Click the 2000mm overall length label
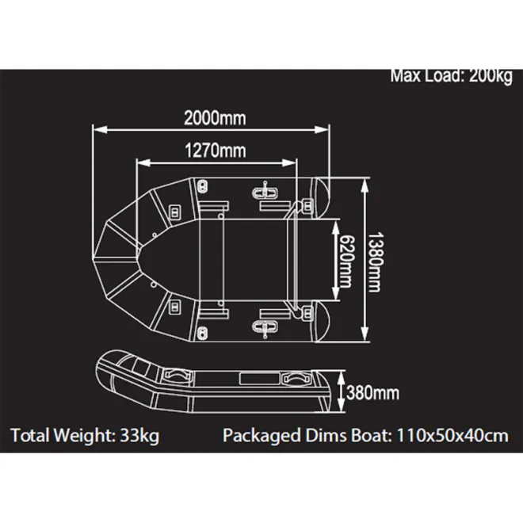tap(215, 118)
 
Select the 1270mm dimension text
tap(215, 151)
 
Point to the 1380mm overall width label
tap(379, 261)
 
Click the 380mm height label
tap(372, 392)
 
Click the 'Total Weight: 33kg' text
tap(85, 435)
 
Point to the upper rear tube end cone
tap(323, 193)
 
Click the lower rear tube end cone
tap(323, 325)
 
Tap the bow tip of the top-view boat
tap(94, 259)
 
